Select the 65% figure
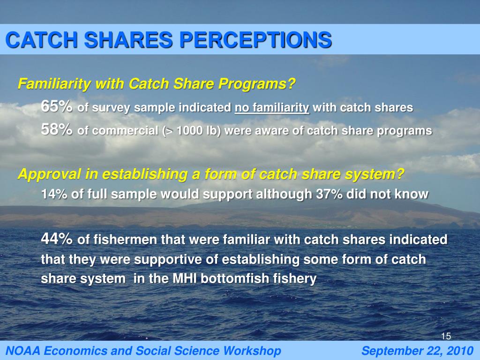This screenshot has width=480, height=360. [x=57, y=106]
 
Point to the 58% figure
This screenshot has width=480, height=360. [x=57, y=130]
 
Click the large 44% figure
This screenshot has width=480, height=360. [x=57, y=239]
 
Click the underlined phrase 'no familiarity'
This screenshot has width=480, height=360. [x=272, y=108]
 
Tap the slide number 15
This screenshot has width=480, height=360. [x=446, y=336]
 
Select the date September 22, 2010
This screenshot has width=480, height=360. [x=418, y=351]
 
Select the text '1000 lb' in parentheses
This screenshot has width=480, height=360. [x=196, y=131]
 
